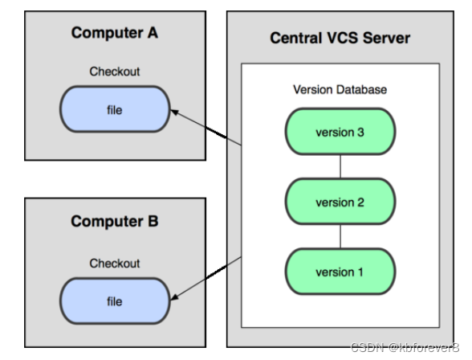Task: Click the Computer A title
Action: coord(114,33)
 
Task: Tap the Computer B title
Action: coord(114,222)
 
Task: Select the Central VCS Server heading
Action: coord(340,38)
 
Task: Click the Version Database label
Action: coord(340,89)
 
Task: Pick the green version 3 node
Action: coord(340,132)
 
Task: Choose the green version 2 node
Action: coord(340,202)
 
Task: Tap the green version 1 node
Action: coord(340,272)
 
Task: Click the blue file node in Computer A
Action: coord(115,109)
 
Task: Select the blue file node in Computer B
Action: coord(115,301)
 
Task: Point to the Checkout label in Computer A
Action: coord(114,72)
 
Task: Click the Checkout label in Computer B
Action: coord(114,264)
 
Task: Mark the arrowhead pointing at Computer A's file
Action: coord(175,112)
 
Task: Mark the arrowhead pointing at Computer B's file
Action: coord(175,297)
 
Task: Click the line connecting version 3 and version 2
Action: coord(340,166)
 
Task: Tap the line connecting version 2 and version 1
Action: coord(340,236)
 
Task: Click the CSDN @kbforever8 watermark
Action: coord(405,347)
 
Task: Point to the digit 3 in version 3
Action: coord(360,132)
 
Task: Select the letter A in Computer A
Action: coord(153,32)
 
